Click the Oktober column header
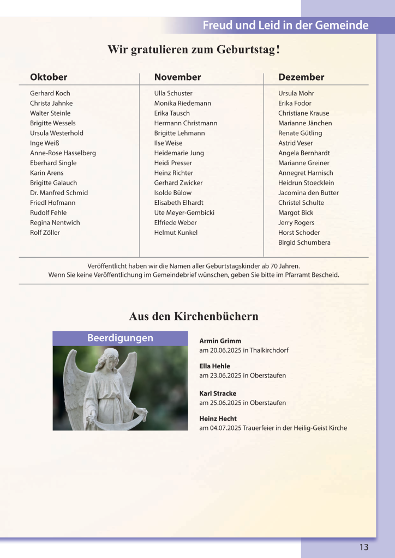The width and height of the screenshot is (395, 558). (49, 77)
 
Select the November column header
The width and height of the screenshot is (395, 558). (177, 77)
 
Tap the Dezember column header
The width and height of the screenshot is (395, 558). (301, 77)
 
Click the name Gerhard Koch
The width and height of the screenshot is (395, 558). (50, 93)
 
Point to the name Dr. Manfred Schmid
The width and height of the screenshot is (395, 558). (59, 193)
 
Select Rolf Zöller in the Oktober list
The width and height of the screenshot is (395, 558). (45, 233)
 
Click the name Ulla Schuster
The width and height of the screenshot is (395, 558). (173, 93)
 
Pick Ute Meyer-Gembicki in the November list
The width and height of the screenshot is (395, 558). (184, 213)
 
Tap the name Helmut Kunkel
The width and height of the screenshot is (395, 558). (176, 233)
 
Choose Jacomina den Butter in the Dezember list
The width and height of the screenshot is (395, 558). (308, 193)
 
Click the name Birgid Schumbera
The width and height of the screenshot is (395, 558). (304, 242)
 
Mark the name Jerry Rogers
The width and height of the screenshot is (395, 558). (296, 223)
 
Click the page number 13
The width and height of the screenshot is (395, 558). (364, 548)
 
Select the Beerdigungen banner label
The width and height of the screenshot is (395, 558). (120, 338)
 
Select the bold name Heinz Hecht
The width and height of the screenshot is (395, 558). (218, 418)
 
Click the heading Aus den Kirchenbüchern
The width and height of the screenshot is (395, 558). (194, 317)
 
